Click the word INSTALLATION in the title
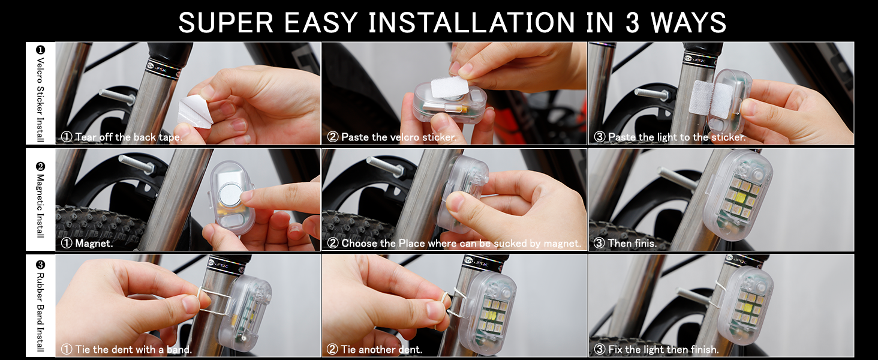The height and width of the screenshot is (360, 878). tap(471, 22)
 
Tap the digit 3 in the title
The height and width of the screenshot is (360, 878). tap(632, 22)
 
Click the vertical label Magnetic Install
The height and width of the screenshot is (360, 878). tap(40, 206)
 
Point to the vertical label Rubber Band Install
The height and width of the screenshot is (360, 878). tap(40, 312)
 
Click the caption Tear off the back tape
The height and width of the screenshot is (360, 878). tap(128, 137)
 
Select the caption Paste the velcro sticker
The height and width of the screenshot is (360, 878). tap(399, 137)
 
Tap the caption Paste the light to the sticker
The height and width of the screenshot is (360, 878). tap(677, 137)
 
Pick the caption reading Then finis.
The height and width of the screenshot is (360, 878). tap(632, 244)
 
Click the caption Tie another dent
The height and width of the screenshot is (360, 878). tap(382, 350)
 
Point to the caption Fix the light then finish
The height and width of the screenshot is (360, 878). tap(663, 350)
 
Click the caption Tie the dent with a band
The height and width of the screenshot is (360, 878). tap(133, 350)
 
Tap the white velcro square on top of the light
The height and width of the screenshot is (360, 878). tap(450, 87)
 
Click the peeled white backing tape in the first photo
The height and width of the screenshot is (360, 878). tap(195, 112)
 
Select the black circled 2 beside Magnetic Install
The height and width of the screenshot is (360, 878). tap(40, 167)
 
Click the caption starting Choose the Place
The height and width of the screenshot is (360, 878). tap(461, 244)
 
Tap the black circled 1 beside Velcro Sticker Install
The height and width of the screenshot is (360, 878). tap(40, 50)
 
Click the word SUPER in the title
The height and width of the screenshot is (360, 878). tap(225, 22)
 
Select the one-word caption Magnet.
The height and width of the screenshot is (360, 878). tap(94, 244)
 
